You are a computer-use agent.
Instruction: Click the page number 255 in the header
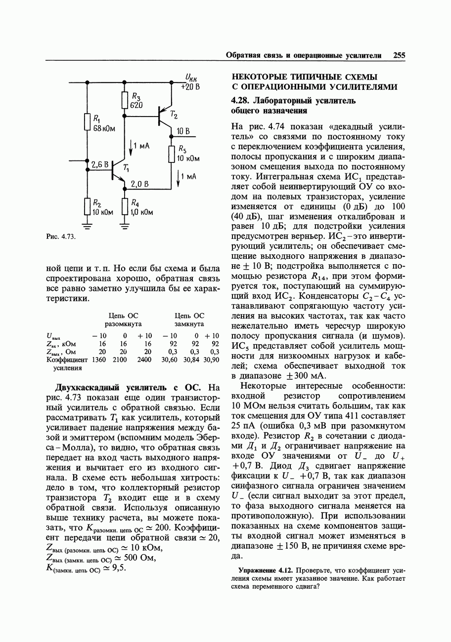pyautogui.click(x=399, y=56)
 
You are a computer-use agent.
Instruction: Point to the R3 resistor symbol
pyautogui.click(x=124, y=100)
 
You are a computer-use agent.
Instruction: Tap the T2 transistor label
pyautogui.click(x=173, y=115)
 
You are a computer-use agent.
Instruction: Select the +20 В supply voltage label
pyautogui.click(x=190, y=86)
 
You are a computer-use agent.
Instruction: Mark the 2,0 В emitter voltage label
pyautogui.click(x=139, y=184)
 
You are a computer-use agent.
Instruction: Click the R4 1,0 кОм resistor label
pyautogui.click(x=141, y=208)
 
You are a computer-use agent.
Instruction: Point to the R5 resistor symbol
pyautogui.click(x=172, y=154)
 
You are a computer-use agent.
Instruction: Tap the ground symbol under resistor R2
pyautogui.click(x=87, y=227)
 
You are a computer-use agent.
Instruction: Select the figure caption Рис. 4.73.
pyautogui.click(x=60, y=237)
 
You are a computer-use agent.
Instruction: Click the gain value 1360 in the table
pyautogui.click(x=99, y=360)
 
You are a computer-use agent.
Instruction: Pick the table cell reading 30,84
pyautogui.click(x=192, y=360)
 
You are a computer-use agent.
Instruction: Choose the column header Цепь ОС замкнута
pyautogui.click(x=189, y=320)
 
